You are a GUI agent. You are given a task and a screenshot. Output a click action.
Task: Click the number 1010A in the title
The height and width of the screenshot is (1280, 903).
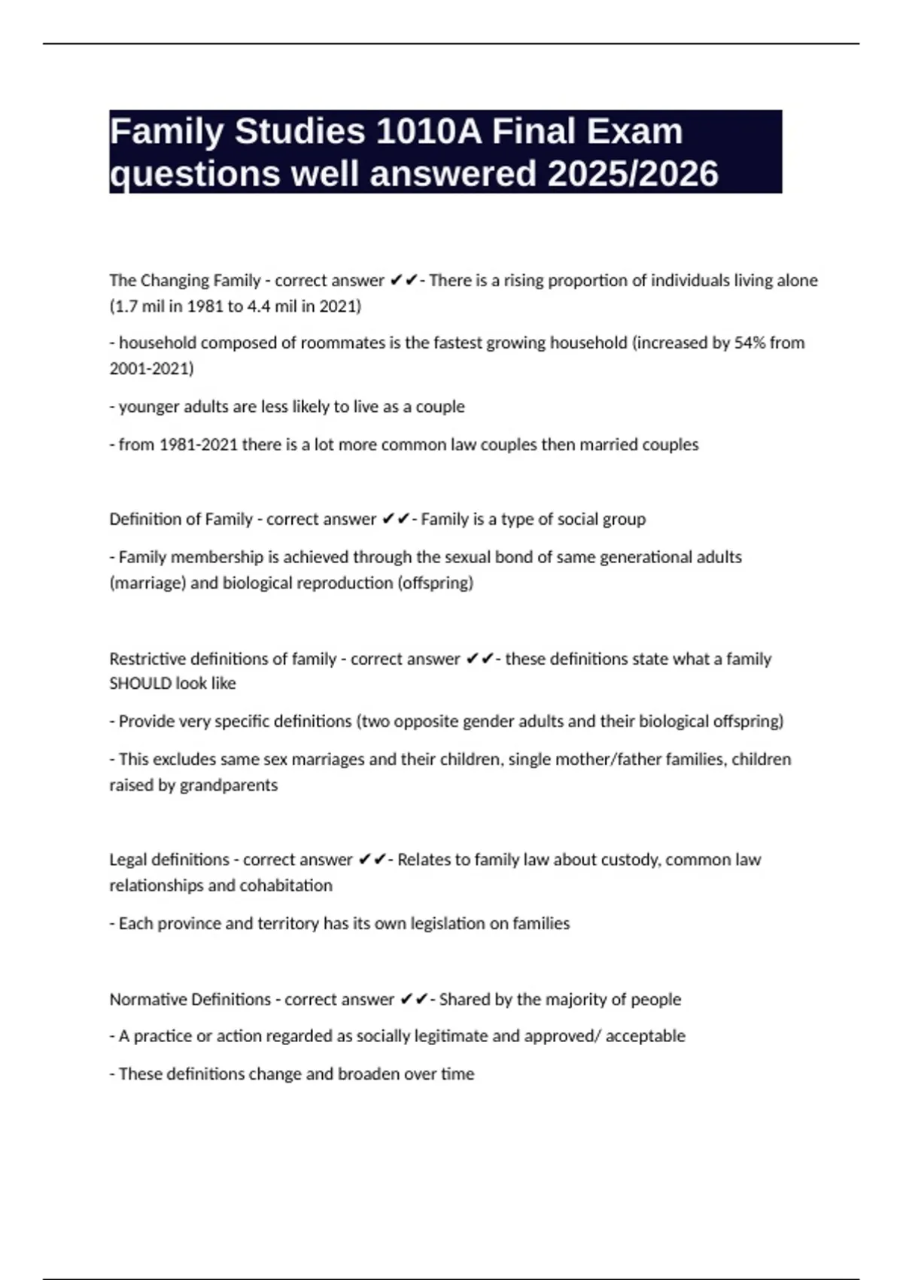pyautogui.click(x=428, y=132)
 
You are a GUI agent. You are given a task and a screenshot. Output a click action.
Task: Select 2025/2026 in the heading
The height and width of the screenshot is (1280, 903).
pyautogui.click(x=633, y=174)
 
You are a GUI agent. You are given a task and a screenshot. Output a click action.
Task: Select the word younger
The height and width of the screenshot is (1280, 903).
pyautogui.click(x=147, y=407)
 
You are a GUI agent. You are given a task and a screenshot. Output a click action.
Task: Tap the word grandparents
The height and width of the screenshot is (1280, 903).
pyautogui.click(x=229, y=785)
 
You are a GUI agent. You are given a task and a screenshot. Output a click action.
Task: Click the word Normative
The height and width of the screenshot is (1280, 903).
pyautogui.click(x=148, y=999)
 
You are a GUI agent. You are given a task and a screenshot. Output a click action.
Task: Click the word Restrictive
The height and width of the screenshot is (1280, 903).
pyautogui.click(x=147, y=659)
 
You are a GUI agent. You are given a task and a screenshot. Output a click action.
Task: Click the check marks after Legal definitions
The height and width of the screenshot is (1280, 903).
pyautogui.click(x=372, y=859)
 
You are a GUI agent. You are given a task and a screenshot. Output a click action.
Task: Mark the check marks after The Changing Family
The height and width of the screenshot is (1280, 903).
pyautogui.click(x=403, y=280)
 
